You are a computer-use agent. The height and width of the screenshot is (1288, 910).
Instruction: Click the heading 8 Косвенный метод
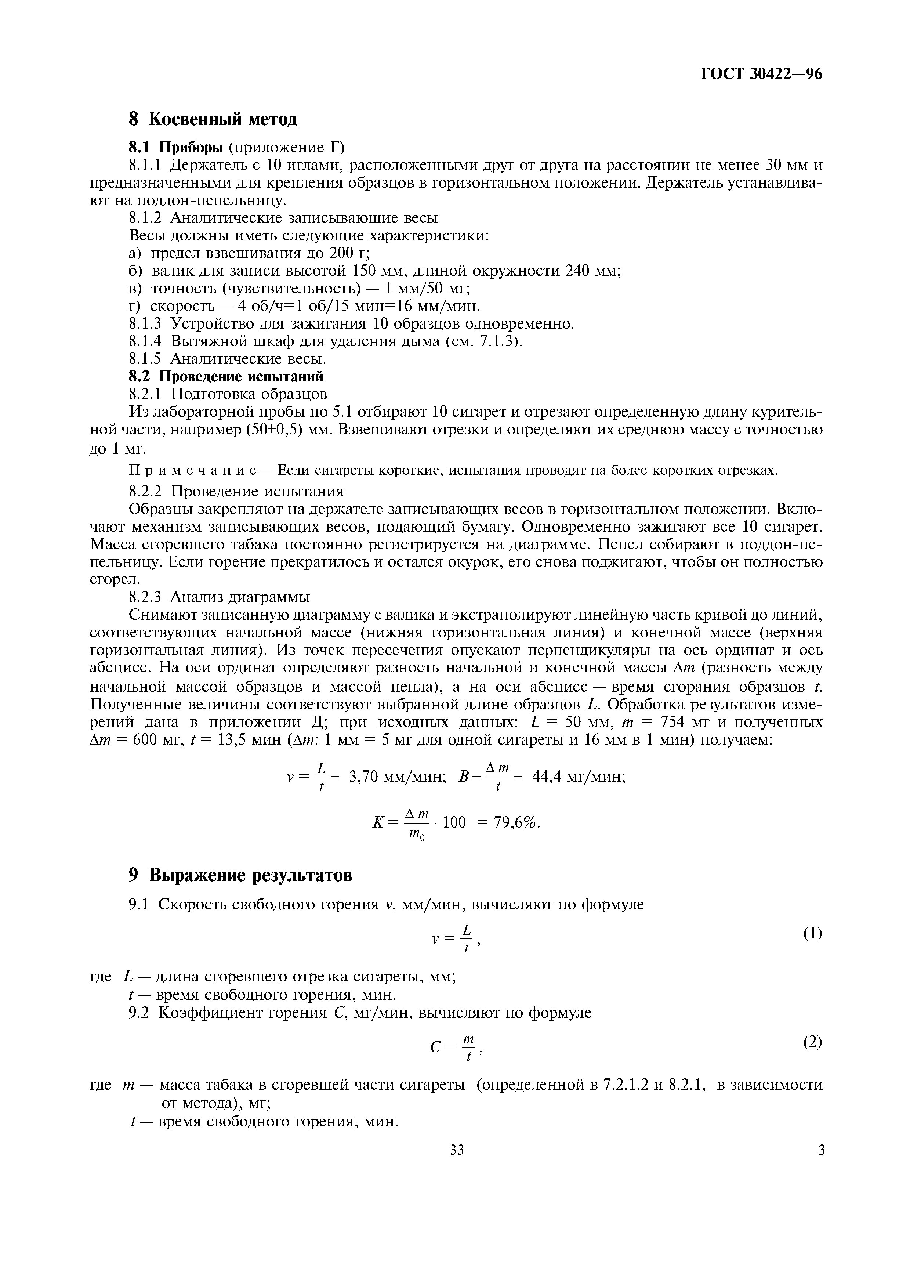[213, 119]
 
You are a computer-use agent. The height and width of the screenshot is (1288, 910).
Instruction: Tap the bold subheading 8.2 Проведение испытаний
[226, 376]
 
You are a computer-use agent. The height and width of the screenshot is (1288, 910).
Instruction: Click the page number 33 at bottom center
[457, 1150]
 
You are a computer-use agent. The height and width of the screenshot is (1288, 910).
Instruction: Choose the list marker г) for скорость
[135, 306]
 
